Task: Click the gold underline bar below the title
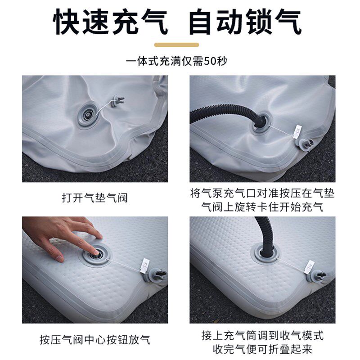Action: [x=176, y=45]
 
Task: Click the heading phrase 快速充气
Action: [x=110, y=22]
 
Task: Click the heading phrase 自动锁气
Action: [x=245, y=22]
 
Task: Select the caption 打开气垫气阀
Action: [x=95, y=198]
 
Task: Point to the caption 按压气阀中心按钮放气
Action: [x=95, y=340]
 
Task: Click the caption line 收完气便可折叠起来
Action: [x=262, y=349]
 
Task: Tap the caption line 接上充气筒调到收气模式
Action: [x=262, y=335]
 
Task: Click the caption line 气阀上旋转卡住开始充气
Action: [x=262, y=207]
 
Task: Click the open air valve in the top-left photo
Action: [x=88, y=115]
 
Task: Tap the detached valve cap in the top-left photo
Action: [x=117, y=101]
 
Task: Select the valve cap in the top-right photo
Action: [x=305, y=144]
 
